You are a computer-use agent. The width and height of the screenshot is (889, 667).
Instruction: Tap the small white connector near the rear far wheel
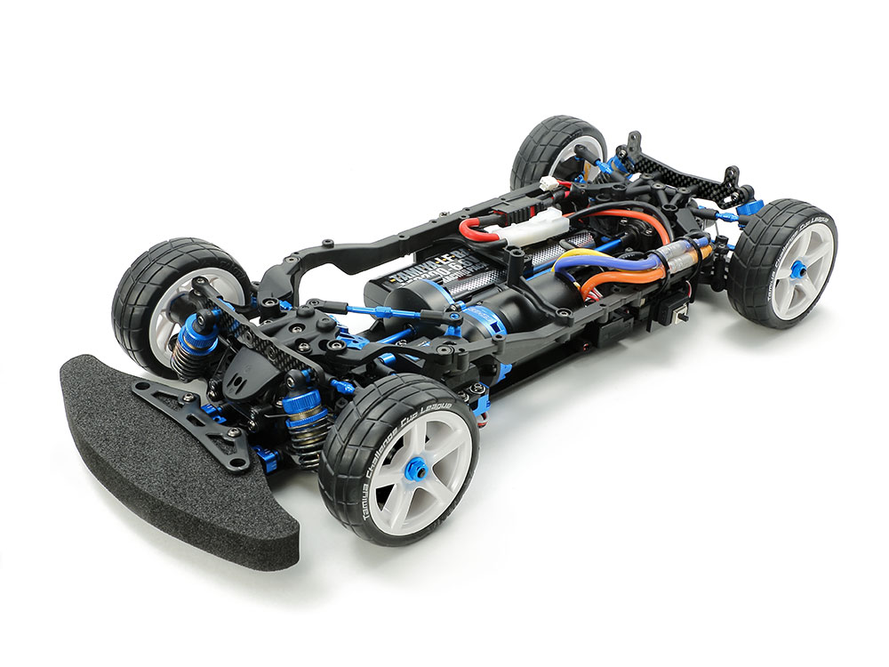point(549,184)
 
